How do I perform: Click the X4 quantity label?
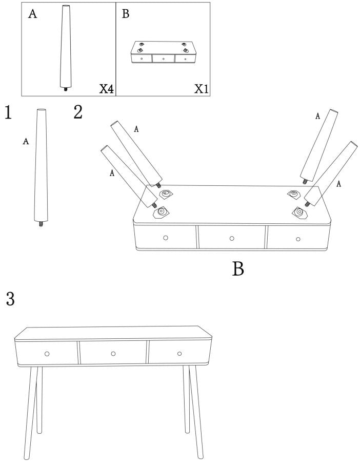click(106, 88)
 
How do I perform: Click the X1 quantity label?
click(202, 88)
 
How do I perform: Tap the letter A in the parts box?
click(32, 14)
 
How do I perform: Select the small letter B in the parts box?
click(126, 13)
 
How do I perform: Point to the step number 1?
click(8, 112)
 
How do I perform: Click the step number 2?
click(78, 112)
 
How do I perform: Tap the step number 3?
click(10, 299)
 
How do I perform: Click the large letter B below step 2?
click(238, 268)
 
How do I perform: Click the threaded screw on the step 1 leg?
click(41, 224)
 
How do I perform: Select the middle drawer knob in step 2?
click(232, 238)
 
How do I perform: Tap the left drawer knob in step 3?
click(47, 354)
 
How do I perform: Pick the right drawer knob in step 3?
click(179, 354)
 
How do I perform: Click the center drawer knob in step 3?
click(113, 354)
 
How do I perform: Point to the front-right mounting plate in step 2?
click(299, 212)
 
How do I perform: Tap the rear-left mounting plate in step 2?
click(166, 194)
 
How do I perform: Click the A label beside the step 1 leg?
click(26, 142)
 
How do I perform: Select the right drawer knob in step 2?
click(298, 239)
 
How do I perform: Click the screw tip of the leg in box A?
click(65, 89)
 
